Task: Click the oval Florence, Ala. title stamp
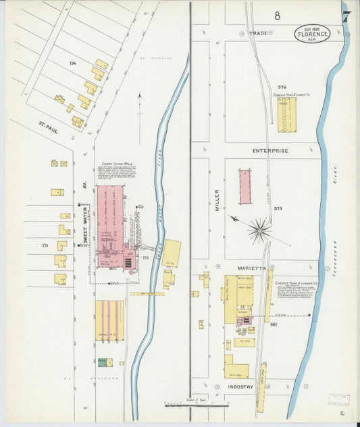pos(312,34)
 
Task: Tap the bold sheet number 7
pos(346,16)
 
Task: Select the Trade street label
pos(258,32)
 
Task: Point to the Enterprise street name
pos(270,150)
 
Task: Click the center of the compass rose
pos(259,231)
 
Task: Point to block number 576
pos(282,87)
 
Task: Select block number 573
pos(278,208)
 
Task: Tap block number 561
pos(274,324)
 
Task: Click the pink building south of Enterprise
pos(245,187)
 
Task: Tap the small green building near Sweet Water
pos(102,362)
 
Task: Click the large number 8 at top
pos(276,15)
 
